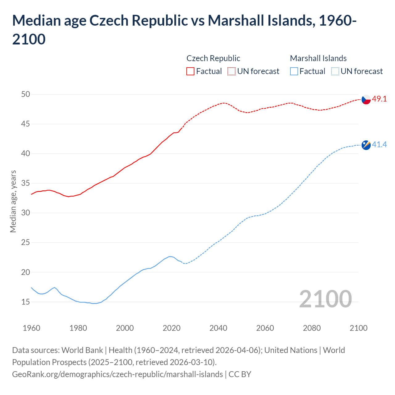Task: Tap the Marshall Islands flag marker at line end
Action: click(366, 145)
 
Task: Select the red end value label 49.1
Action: click(379, 99)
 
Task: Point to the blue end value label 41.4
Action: click(379, 144)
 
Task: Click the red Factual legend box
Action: click(190, 71)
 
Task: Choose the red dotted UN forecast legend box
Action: click(231, 71)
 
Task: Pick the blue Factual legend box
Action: click(294, 71)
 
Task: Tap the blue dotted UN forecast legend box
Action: click(335, 71)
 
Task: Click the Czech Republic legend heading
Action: click(213, 58)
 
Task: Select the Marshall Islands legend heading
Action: click(318, 58)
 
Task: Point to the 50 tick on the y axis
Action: click(26, 94)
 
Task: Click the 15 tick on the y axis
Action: click(26, 302)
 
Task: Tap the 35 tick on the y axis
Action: click(26, 183)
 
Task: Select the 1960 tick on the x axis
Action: click(31, 328)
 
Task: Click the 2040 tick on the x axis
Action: click(218, 328)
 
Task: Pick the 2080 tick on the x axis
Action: click(312, 328)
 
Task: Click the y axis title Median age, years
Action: click(13, 201)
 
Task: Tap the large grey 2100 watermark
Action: click(325, 299)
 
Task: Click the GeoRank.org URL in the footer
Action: click(117, 374)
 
